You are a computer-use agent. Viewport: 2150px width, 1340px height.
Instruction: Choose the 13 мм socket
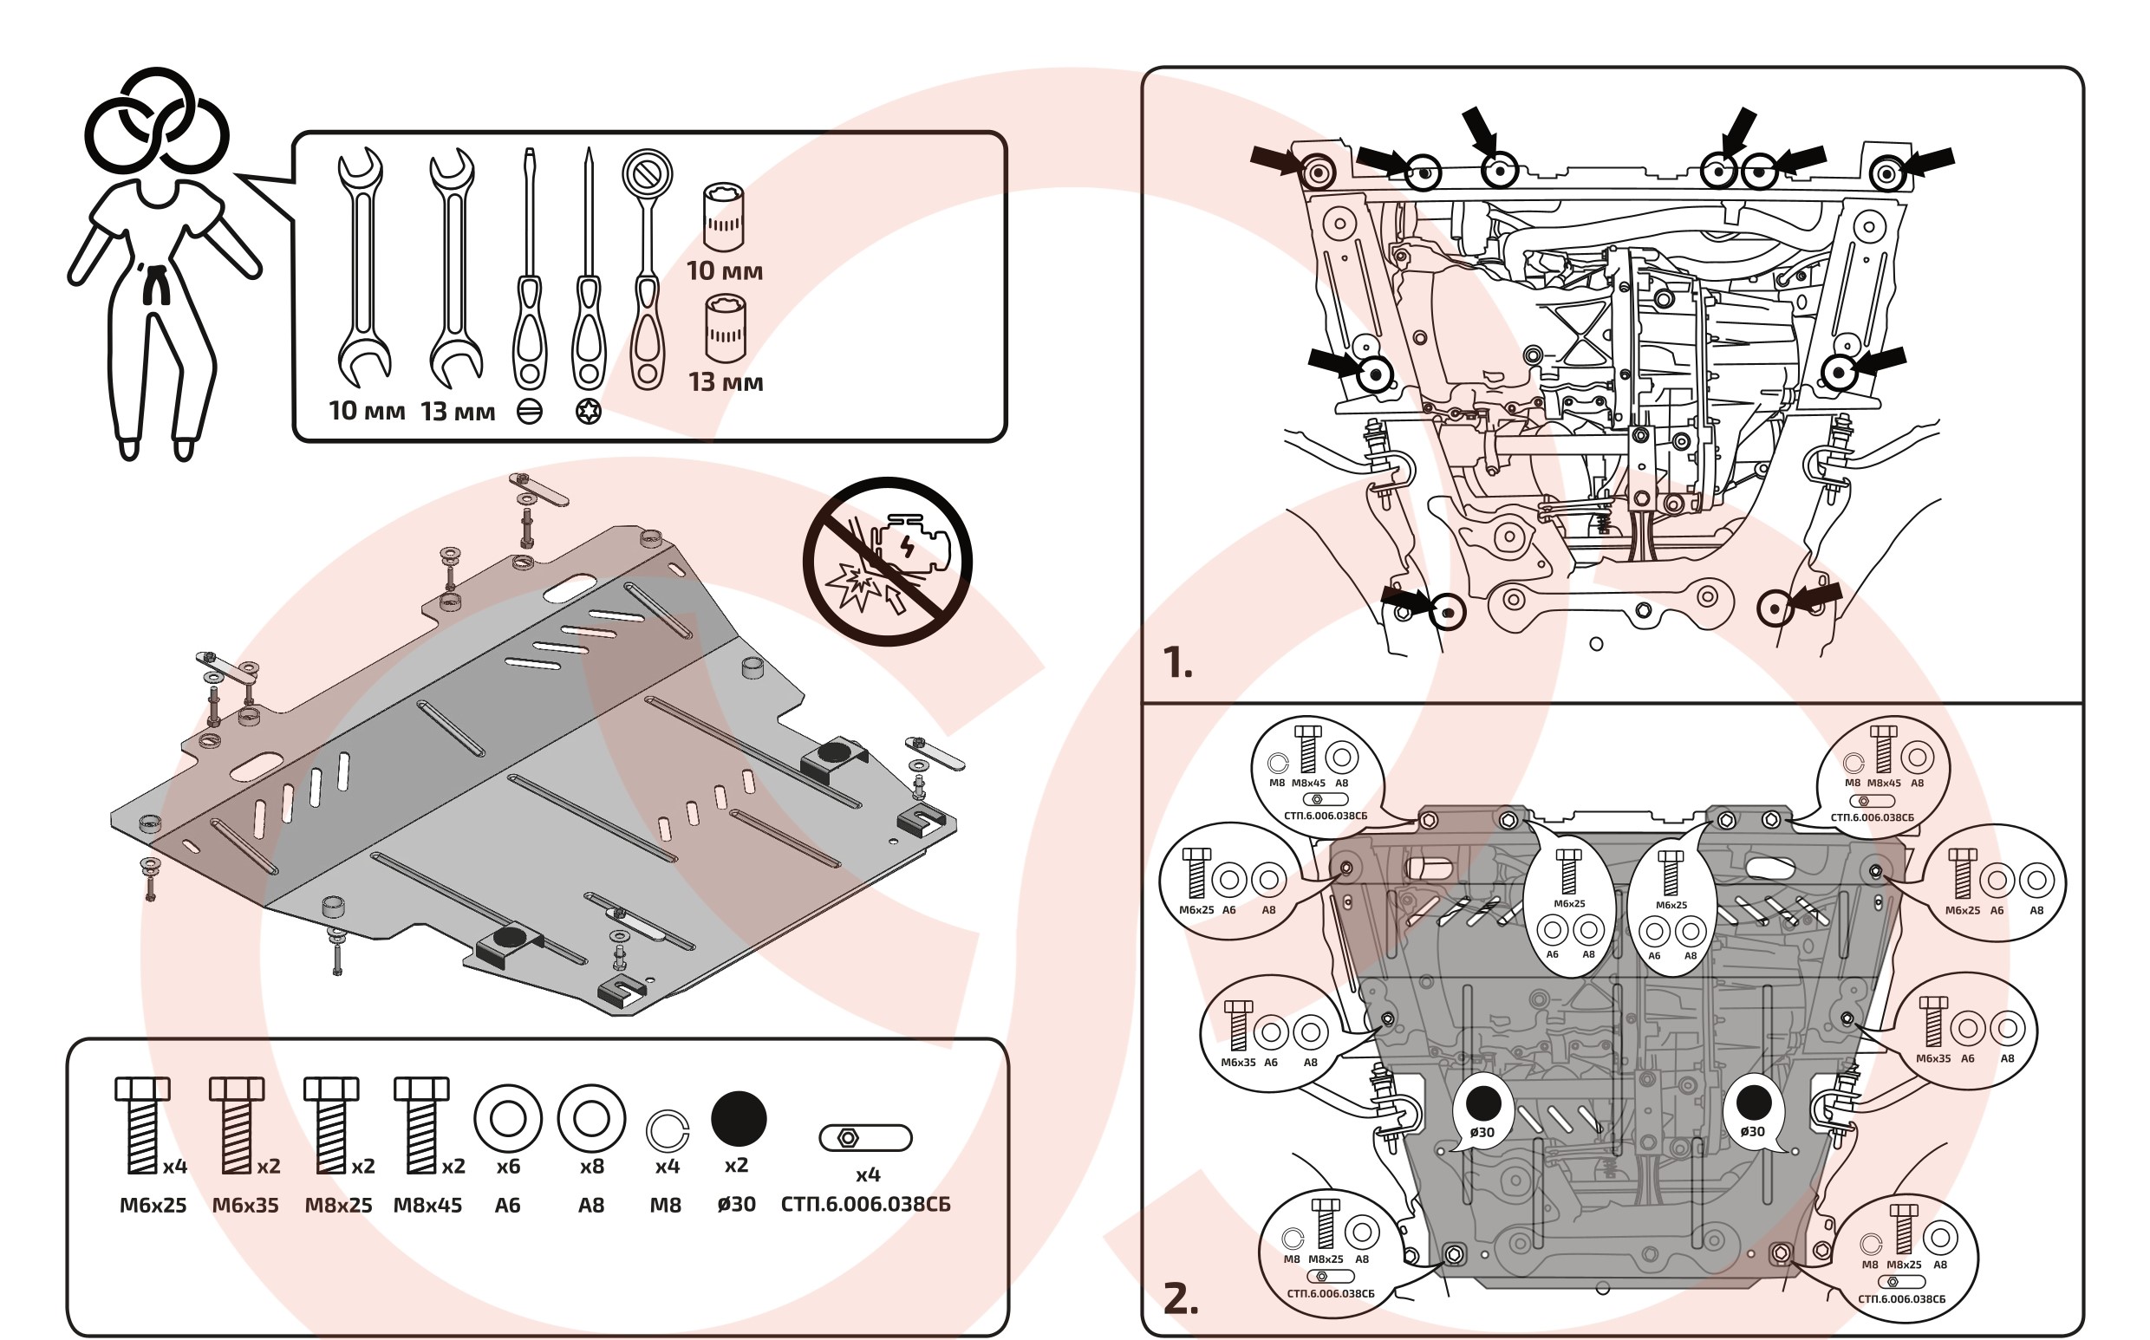[x=725, y=329]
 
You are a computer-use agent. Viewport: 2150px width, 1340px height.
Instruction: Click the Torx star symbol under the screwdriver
[x=589, y=412]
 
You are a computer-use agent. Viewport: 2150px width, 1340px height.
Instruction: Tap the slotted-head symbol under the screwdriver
[x=529, y=412]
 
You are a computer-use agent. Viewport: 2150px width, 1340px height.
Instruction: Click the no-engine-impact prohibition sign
[x=886, y=561]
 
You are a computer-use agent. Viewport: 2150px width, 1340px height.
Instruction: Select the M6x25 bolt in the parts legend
[x=142, y=1125]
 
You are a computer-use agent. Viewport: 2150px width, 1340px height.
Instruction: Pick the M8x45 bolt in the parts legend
[x=421, y=1125]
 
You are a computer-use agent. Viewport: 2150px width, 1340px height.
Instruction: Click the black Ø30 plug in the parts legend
[x=739, y=1118]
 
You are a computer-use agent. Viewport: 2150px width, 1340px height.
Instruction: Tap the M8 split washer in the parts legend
[x=667, y=1131]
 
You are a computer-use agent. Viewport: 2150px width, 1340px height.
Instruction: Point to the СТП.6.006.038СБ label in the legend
[x=865, y=1205]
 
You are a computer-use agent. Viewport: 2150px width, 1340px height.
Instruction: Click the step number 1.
[x=1177, y=663]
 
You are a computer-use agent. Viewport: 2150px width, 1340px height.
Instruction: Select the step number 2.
[x=1181, y=1299]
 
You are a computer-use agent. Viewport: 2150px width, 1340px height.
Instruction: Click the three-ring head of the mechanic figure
[x=157, y=122]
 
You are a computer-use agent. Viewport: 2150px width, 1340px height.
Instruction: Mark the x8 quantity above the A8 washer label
[x=591, y=1167]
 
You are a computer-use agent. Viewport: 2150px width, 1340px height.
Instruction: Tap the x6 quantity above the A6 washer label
[x=508, y=1167]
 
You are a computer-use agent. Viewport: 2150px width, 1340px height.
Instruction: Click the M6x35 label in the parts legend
[x=245, y=1206]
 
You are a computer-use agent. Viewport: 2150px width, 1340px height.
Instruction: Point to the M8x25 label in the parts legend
[x=339, y=1206]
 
